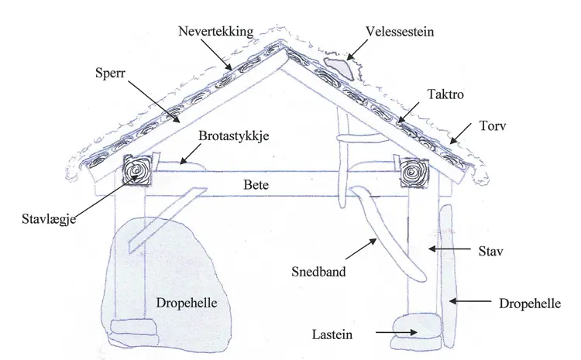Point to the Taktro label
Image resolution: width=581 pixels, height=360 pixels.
[x=445, y=92]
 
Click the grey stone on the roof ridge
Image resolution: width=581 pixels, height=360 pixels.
[x=339, y=67]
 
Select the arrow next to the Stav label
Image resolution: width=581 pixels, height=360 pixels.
[x=449, y=249]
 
